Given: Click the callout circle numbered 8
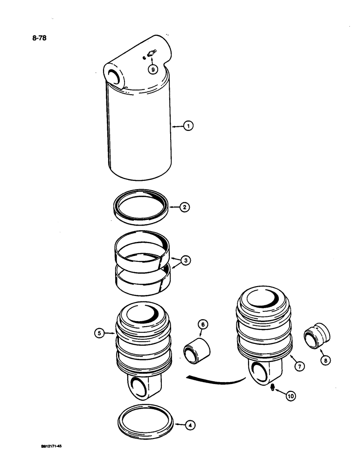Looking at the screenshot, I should coord(325,360).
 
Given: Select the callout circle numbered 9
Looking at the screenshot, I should coord(152,69).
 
